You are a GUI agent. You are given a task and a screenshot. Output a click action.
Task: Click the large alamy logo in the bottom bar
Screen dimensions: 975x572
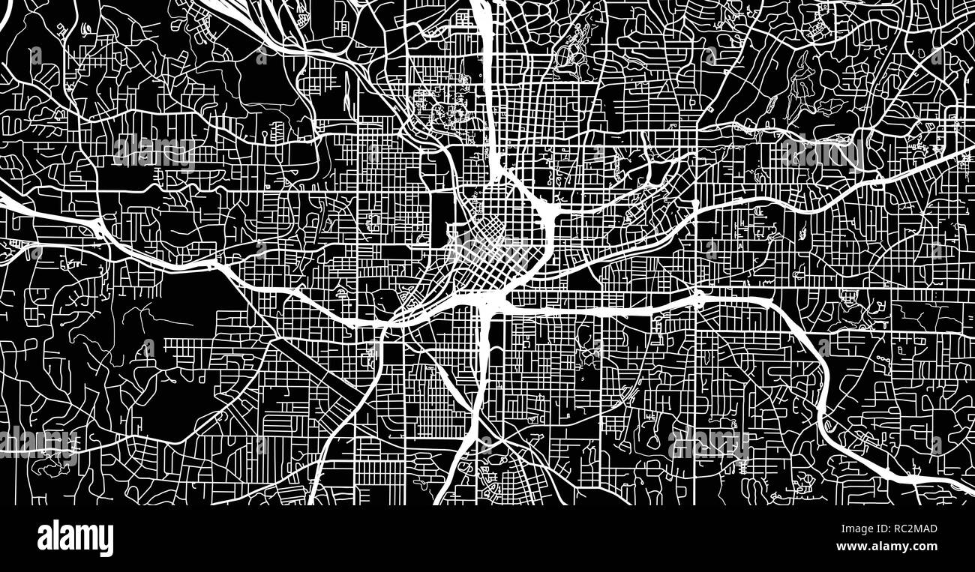[75, 538]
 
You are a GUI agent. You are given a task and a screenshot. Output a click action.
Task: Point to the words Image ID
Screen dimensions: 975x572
[854, 529]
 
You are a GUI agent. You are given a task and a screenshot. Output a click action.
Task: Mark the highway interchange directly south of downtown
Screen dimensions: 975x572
[491, 300]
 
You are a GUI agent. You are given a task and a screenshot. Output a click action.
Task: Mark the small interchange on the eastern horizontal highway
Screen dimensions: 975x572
[699, 300]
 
